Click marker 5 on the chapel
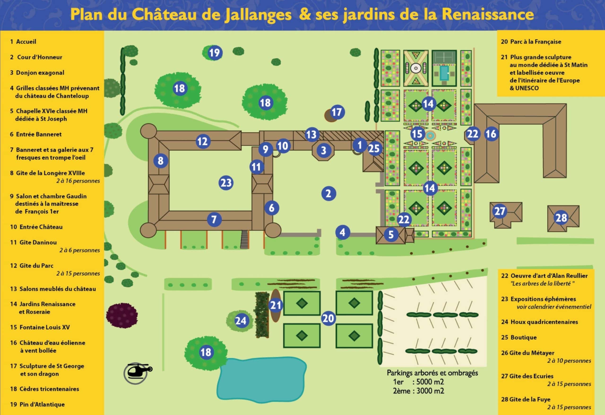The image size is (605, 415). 391,235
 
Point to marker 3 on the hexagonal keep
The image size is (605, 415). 323,150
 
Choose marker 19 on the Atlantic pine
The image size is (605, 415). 215,53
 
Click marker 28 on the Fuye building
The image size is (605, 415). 561,218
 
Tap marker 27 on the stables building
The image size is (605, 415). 500,211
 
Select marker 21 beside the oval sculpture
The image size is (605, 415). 276,305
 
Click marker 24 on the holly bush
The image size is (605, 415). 241,321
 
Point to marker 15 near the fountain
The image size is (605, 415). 417,134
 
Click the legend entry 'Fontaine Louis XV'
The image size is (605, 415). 44,327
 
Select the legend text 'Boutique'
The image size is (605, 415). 523,337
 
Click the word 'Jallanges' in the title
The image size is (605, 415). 258,15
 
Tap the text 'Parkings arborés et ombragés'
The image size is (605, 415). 432,373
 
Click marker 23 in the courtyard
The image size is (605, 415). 226,183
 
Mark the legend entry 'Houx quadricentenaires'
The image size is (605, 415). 544,322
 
